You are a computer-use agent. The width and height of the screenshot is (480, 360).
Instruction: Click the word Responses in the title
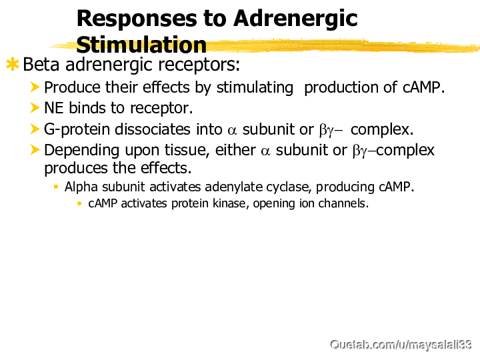tap(137, 19)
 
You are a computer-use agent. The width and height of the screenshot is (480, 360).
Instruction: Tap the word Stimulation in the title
tap(141, 45)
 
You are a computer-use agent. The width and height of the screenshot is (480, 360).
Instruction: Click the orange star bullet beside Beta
tap(13, 64)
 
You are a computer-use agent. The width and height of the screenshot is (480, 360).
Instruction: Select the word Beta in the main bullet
tap(41, 64)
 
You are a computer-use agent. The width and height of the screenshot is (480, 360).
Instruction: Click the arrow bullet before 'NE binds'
tap(35, 108)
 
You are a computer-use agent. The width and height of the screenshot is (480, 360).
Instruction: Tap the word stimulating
tap(255, 88)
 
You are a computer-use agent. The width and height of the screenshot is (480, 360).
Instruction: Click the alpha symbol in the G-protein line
tap(233, 131)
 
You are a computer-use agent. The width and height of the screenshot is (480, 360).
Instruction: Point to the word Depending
tap(82, 151)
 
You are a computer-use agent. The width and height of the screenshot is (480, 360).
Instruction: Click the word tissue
tap(187, 151)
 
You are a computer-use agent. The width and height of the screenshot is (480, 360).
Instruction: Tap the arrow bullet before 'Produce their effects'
tap(35, 87)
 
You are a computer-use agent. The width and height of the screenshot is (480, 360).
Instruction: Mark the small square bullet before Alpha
tap(56, 187)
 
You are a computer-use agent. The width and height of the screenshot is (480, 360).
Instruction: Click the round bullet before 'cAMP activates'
tap(79, 203)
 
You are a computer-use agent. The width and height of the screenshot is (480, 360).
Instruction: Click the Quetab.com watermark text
tap(401, 345)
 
